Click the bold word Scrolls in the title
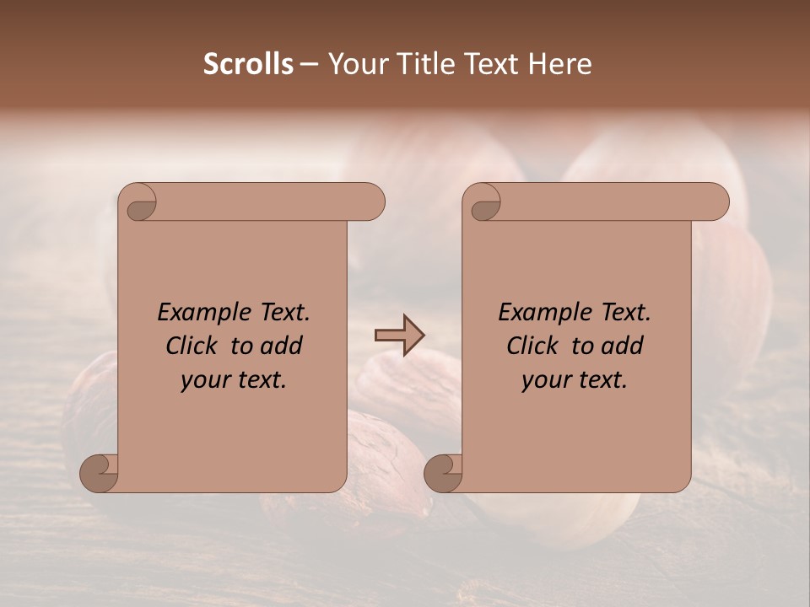click(248, 64)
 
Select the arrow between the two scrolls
click(399, 336)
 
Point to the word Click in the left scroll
click(193, 346)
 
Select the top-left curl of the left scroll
click(138, 203)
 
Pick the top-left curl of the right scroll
click(483, 203)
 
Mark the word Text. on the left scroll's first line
click(283, 313)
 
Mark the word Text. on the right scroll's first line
click(624, 313)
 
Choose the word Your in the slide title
click(355, 64)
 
